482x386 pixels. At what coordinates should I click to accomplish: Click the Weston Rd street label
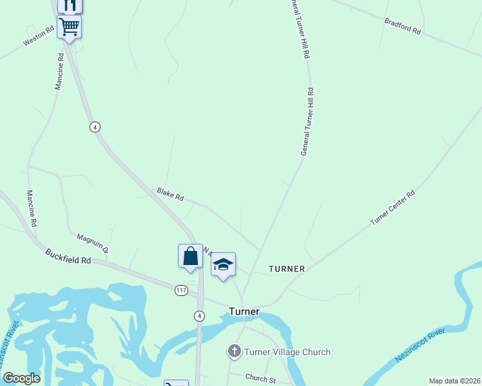pyautogui.click(x=38, y=36)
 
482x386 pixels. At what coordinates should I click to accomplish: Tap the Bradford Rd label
pyautogui.click(x=402, y=26)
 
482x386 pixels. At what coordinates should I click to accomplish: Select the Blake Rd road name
pyautogui.click(x=170, y=194)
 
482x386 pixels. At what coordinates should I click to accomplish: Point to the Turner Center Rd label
pyautogui.click(x=392, y=208)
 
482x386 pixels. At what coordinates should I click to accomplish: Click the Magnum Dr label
pyautogui.click(x=92, y=242)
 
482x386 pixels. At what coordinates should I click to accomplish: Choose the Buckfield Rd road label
pyautogui.click(x=68, y=256)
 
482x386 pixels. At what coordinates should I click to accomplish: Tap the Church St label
pyautogui.click(x=260, y=378)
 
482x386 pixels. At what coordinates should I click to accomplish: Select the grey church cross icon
pyautogui.click(x=235, y=351)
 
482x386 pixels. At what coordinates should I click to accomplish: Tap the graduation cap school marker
pyautogui.click(x=223, y=264)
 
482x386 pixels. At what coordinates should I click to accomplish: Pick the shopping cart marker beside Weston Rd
pyautogui.click(x=69, y=27)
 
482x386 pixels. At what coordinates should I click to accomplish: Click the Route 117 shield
pyautogui.click(x=181, y=291)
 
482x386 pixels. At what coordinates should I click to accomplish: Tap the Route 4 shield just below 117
pyautogui.click(x=200, y=315)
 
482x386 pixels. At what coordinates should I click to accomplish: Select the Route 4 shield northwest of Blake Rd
pyautogui.click(x=95, y=127)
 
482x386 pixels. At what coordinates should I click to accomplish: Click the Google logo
pyautogui.click(x=21, y=378)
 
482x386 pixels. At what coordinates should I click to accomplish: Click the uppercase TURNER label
pyautogui.click(x=287, y=268)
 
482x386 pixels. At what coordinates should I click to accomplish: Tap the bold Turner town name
pyautogui.click(x=244, y=311)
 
